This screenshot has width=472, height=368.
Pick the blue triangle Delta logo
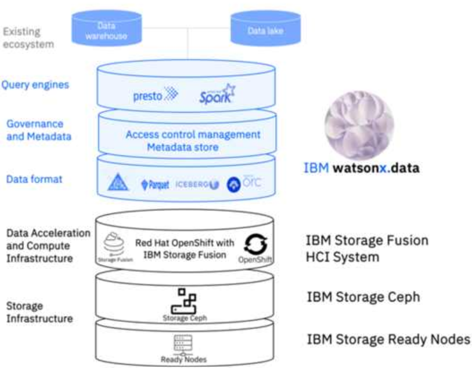(x=118, y=183)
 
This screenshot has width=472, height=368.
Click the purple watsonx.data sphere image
(x=358, y=125)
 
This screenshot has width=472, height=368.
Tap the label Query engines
(x=34, y=84)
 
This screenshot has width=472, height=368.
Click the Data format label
(x=34, y=179)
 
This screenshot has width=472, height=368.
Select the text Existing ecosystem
(x=27, y=38)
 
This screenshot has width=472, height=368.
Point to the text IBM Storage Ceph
(x=363, y=297)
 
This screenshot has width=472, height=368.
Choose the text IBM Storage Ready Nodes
(x=388, y=339)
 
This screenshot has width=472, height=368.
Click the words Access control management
(x=192, y=134)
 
